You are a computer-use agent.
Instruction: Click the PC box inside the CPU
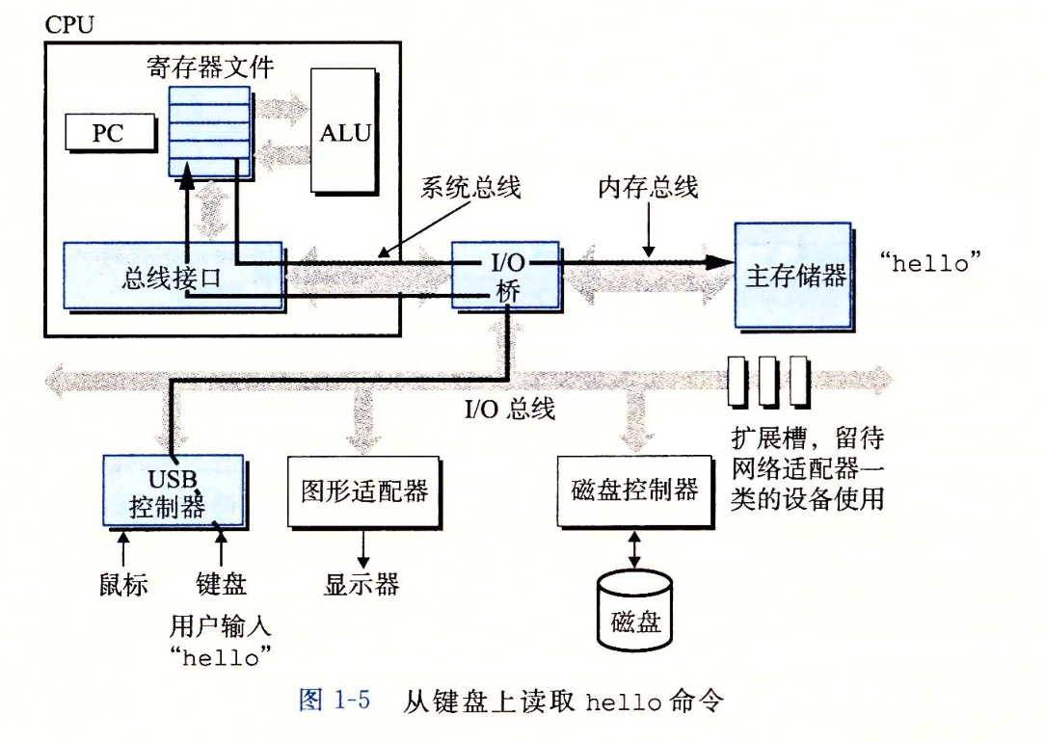coord(109,134)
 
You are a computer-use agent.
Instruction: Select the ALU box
coord(344,131)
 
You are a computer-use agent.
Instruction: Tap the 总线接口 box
coord(173,277)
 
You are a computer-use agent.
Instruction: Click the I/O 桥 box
coord(506,275)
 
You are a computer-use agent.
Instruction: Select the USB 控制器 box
coord(172,490)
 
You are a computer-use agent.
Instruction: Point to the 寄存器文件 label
coord(210,66)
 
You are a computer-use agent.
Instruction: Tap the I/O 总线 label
coord(510,409)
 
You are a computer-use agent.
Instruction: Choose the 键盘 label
coord(221,584)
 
